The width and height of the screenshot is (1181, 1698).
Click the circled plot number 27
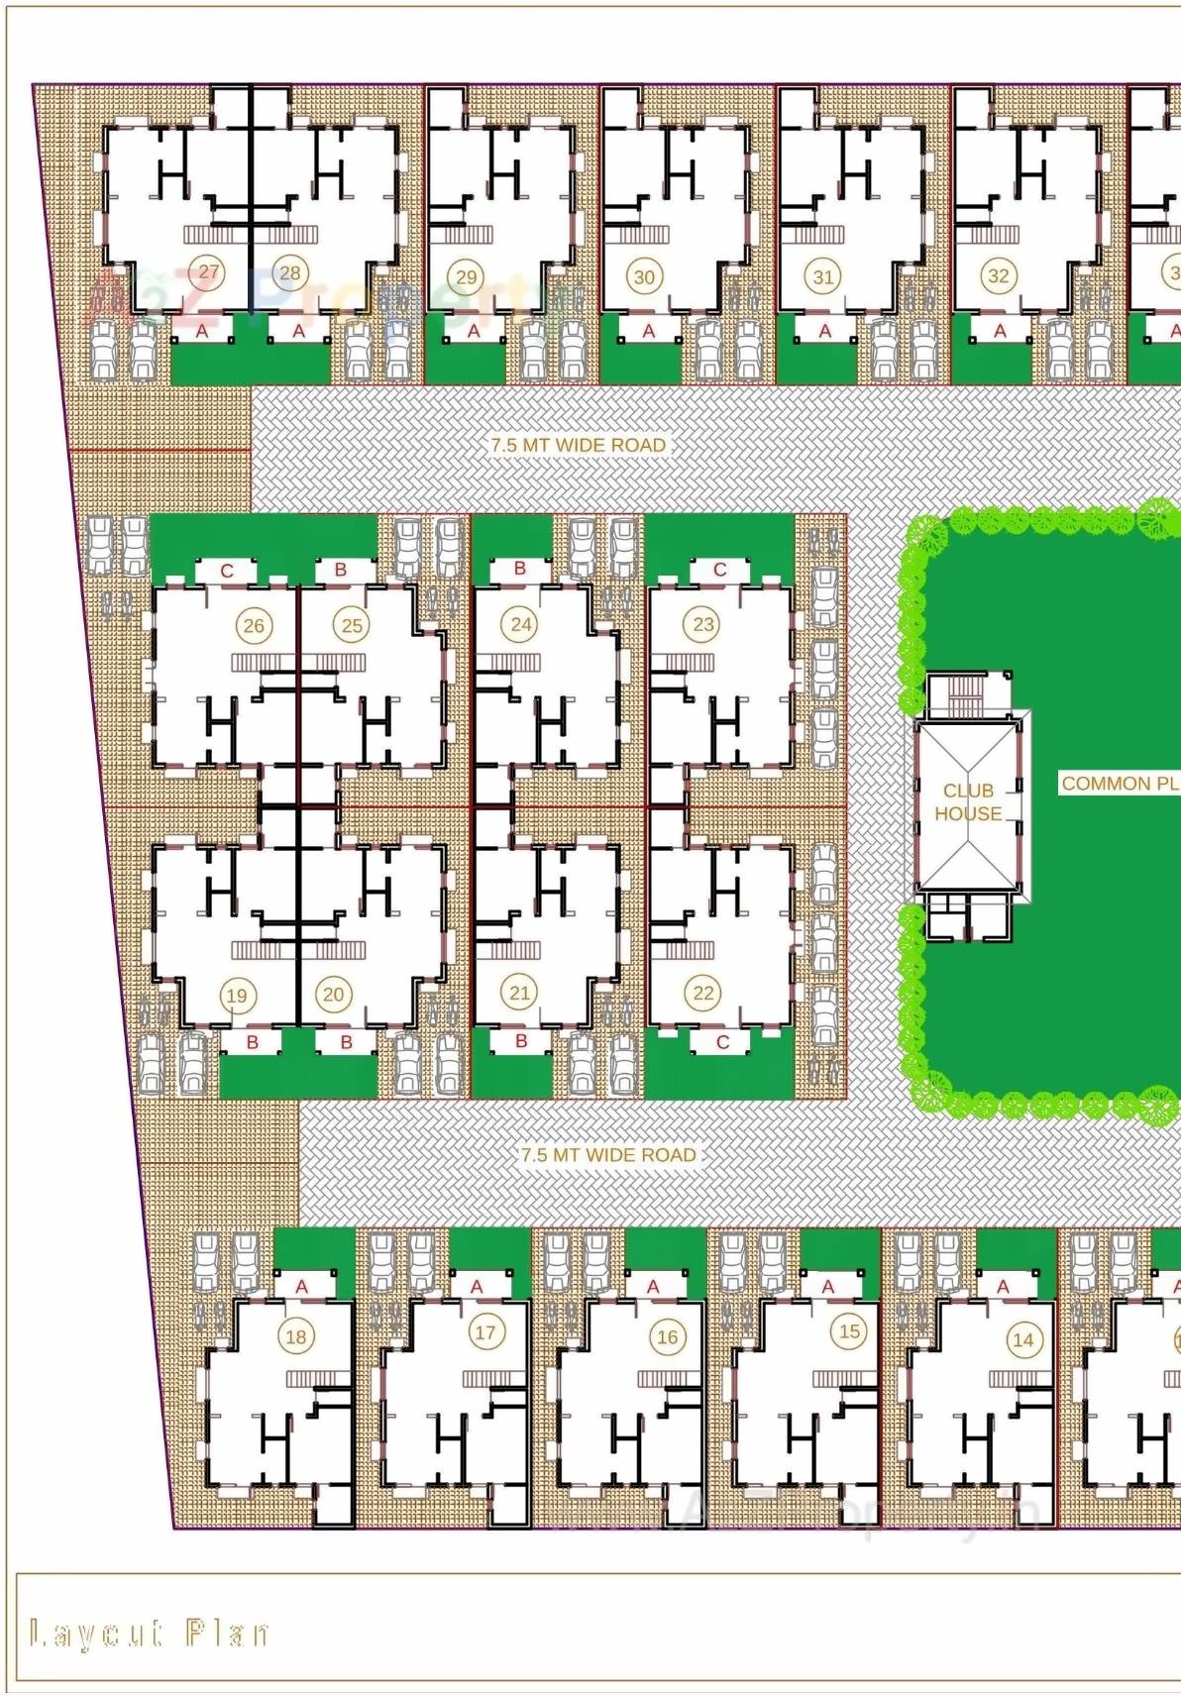(208, 272)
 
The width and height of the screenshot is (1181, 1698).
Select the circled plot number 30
(644, 277)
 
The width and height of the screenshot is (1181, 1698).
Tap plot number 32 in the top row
(998, 276)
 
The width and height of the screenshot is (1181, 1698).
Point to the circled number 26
(254, 625)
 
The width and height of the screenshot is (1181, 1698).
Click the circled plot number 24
(521, 624)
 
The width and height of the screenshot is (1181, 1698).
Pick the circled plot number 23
(703, 624)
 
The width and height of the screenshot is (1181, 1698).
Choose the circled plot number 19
(236, 996)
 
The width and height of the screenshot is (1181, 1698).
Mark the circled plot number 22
(703, 993)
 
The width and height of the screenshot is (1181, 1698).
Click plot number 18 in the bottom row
(295, 1336)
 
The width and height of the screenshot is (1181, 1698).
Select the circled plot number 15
(849, 1331)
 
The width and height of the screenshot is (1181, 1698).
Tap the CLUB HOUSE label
(968, 802)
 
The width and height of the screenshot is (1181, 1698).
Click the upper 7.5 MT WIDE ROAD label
(579, 446)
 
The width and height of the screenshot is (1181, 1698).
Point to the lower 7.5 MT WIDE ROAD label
(608, 1155)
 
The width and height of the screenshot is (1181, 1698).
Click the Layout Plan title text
(149, 1634)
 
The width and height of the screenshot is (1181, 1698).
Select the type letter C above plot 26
(227, 572)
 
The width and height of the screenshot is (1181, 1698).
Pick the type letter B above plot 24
(519, 569)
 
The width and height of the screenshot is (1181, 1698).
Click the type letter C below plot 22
(722, 1042)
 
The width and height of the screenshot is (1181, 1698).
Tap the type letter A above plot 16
(653, 1286)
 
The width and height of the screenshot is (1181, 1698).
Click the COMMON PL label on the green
(1120, 784)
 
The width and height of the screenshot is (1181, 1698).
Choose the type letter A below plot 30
(649, 331)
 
